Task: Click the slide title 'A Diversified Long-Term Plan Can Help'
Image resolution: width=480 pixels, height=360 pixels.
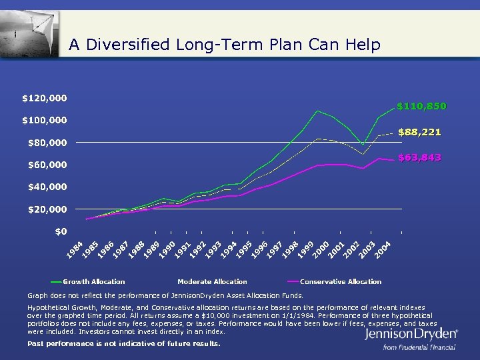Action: [x=225, y=45]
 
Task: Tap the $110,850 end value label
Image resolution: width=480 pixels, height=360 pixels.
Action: [x=421, y=106]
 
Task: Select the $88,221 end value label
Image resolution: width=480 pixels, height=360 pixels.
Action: [x=419, y=132]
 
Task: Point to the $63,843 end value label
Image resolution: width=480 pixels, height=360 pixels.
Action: [x=419, y=158]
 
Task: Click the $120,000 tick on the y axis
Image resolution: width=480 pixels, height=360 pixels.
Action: [x=45, y=98]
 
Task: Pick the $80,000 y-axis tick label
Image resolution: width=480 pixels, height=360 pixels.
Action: [x=47, y=143]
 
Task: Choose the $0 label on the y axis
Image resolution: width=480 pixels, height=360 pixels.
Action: [x=60, y=231]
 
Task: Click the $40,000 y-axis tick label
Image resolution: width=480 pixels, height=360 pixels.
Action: [x=47, y=187]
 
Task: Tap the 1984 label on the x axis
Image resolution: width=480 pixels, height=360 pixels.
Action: [x=75, y=250]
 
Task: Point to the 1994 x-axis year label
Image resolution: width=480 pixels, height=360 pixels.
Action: [x=229, y=250]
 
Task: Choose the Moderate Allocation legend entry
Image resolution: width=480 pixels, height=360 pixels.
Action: [x=212, y=281]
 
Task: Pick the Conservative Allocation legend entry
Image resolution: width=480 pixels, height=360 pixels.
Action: [x=341, y=281]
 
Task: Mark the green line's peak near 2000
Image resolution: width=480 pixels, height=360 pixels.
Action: [x=318, y=111]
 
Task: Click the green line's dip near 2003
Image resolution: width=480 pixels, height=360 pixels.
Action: [x=363, y=145]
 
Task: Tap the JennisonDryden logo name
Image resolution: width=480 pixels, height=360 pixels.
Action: [x=411, y=334]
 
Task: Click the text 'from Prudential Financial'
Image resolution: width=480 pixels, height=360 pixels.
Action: [x=419, y=347]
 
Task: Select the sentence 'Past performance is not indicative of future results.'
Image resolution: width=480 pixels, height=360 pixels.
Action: [x=123, y=343]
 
